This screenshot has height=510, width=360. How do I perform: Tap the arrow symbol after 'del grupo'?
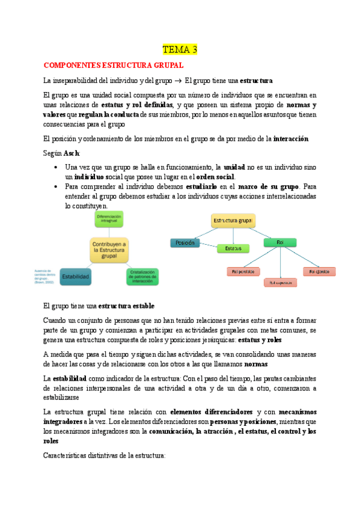click(178, 80)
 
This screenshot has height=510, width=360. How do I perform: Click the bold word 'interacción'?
click(290, 139)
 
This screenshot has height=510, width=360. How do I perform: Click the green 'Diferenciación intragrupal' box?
click(109, 219)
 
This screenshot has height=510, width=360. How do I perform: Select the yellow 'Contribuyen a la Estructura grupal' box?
click(109, 249)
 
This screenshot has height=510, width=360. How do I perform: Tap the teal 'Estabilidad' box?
click(76, 277)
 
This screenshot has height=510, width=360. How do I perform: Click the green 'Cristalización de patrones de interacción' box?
click(142, 277)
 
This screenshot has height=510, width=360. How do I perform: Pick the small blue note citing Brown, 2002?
click(46, 275)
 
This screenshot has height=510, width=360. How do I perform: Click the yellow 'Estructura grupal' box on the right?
click(233, 221)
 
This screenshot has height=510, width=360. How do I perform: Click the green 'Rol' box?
click(279, 243)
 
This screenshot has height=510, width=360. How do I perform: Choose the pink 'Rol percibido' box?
click(243, 272)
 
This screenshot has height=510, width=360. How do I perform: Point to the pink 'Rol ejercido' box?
click(319, 272)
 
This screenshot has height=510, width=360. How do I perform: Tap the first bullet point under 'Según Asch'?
click(55, 167)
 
